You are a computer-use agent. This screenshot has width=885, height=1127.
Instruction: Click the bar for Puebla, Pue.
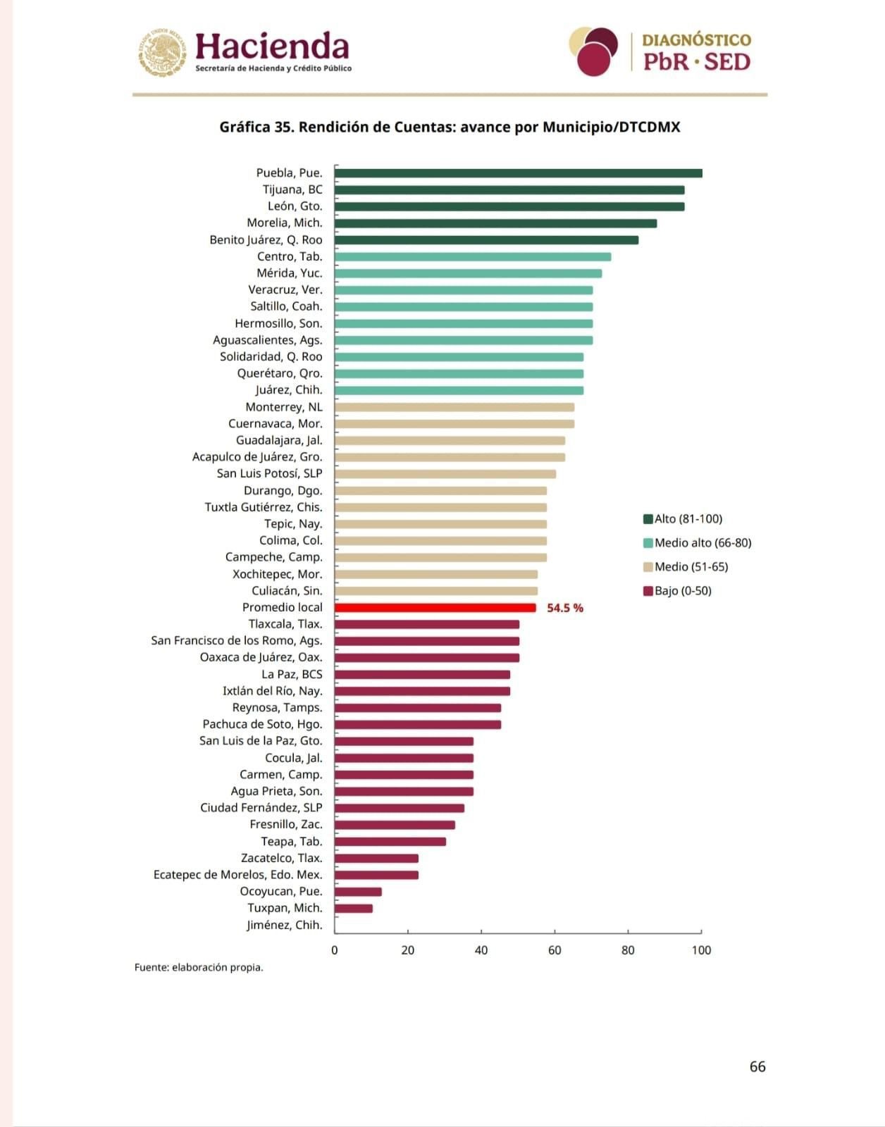pyautogui.click(x=518, y=173)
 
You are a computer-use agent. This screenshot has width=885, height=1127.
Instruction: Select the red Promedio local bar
pyautogui.click(x=435, y=608)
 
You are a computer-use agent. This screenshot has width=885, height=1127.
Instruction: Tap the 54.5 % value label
pyautogui.click(x=565, y=608)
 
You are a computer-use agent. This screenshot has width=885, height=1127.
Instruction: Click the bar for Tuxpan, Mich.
pyautogui.click(x=354, y=909)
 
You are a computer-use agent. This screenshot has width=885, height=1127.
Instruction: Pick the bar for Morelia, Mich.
pyautogui.click(x=495, y=223)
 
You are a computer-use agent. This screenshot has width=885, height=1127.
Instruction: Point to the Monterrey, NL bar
pyautogui.click(x=454, y=407)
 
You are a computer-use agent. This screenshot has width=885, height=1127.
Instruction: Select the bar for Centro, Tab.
pyautogui.click(x=473, y=256)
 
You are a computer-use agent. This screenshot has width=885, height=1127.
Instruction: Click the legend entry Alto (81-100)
pyautogui.click(x=683, y=519)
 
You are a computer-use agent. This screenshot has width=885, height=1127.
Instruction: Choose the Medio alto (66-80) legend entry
pyautogui.click(x=697, y=543)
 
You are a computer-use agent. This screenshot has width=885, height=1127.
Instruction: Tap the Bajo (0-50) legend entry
pyautogui.click(x=677, y=591)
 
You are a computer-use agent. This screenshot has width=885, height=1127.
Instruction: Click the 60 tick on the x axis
pyautogui.click(x=555, y=950)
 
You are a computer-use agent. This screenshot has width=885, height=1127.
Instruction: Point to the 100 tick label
pyautogui.click(x=701, y=950)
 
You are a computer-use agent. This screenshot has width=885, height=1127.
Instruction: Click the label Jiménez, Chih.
pyautogui.click(x=285, y=925)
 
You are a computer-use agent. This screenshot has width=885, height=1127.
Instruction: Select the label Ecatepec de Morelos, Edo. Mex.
pyautogui.click(x=238, y=875)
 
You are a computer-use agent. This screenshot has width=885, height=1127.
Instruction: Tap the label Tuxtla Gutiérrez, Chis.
pyautogui.click(x=264, y=507)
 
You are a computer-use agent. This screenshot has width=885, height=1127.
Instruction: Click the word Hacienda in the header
pyautogui.click(x=272, y=46)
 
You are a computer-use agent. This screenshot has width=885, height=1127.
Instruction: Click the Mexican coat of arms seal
pyautogui.click(x=162, y=51)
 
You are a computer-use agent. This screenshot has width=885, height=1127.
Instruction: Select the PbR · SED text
pyautogui.click(x=696, y=62)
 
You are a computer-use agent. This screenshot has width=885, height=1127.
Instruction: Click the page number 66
pyautogui.click(x=757, y=1066)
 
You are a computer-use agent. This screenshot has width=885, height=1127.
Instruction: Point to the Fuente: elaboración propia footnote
pyautogui.click(x=199, y=968)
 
